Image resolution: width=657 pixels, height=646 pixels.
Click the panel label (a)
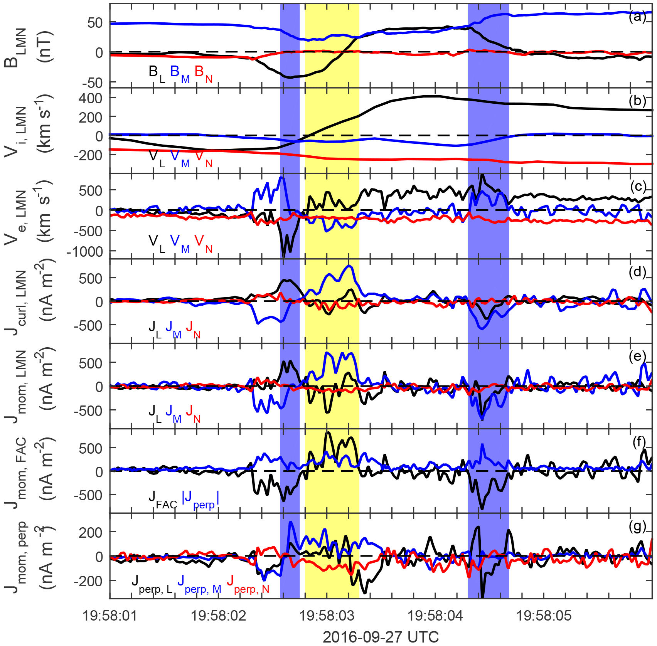click(637, 17)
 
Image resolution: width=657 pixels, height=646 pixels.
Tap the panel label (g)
click(637, 527)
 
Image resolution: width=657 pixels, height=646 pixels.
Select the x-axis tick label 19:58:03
click(327, 616)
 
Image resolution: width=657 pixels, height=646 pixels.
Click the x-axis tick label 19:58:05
click(544, 616)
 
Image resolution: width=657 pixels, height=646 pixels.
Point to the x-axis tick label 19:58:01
click(110, 616)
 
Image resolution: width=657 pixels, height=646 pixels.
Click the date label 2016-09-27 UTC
click(381, 637)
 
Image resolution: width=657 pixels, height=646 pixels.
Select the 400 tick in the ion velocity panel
click(91, 98)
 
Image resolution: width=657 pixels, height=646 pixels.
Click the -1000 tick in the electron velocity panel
click(85, 251)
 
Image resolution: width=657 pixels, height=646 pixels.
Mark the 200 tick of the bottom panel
click(91, 532)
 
